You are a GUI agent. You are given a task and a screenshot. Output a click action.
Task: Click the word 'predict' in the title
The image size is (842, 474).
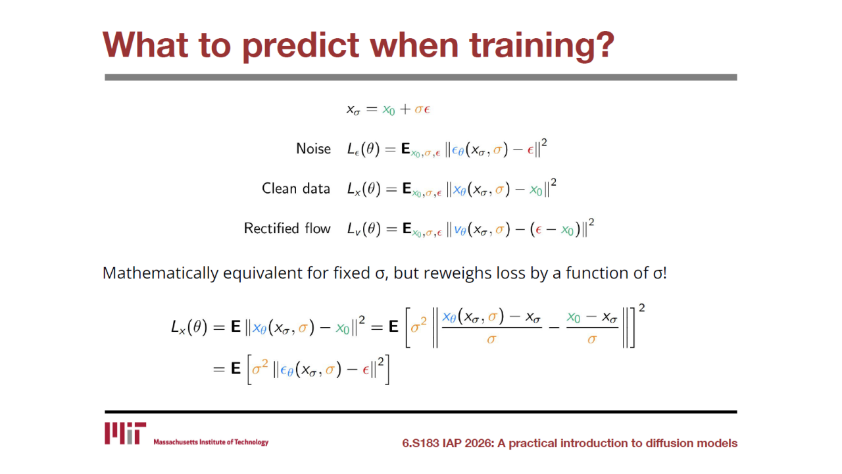click(301, 47)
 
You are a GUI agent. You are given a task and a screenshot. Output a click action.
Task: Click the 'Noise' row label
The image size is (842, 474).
click(314, 149)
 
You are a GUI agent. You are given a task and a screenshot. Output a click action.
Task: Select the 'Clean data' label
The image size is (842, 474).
click(296, 188)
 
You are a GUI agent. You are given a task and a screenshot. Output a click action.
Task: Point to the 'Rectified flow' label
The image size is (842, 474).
click(287, 228)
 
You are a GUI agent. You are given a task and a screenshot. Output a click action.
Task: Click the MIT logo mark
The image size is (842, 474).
click(125, 433)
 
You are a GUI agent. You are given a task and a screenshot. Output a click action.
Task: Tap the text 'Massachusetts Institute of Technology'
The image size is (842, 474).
click(211, 442)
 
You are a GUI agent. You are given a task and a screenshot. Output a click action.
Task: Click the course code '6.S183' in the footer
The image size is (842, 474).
click(420, 443)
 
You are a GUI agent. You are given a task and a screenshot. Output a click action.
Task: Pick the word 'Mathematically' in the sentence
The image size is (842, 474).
click(160, 273)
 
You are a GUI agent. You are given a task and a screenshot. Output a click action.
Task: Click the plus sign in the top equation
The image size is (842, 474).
click(405, 109)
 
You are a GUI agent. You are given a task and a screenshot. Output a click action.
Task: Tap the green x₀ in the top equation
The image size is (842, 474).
click(389, 110)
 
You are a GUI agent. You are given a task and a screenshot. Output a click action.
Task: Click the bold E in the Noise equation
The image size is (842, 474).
click(406, 149)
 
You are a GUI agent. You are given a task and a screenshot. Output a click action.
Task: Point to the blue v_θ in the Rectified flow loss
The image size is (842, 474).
click(460, 230)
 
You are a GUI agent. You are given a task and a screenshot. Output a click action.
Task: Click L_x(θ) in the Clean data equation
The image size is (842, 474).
click(364, 189)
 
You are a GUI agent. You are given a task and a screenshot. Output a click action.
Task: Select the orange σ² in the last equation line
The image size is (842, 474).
click(260, 367)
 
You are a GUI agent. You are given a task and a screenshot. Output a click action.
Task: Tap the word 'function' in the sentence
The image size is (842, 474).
click(597, 273)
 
